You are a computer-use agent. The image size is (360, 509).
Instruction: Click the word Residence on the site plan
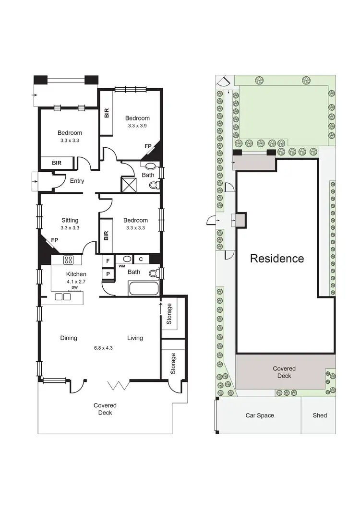[277, 259]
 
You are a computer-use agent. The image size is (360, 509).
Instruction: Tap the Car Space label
[260, 415]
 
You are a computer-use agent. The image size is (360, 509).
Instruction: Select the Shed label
[319, 415]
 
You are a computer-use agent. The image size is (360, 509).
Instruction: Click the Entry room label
[77, 181]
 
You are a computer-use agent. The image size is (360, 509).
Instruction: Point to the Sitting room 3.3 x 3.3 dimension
[70, 228]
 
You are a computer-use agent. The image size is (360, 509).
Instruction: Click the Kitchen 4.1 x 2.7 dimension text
[76, 282]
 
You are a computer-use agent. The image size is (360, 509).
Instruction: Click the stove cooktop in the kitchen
[69, 260]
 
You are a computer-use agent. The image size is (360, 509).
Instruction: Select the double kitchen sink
[62, 297]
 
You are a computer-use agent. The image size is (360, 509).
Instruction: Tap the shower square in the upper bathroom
[129, 184]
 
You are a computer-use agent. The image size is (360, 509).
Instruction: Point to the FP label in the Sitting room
[54, 240]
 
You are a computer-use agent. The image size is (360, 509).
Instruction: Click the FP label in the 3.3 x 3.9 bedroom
[148, 146]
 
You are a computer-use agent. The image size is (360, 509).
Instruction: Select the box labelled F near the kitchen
[108, 261]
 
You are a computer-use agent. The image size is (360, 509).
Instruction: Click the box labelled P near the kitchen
[108, 274]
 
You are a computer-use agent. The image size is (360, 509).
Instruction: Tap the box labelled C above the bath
[141, 260]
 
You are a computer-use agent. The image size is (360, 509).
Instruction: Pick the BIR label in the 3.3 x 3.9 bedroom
[106, 113]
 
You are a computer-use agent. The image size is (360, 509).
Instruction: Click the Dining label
[69, 338]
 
